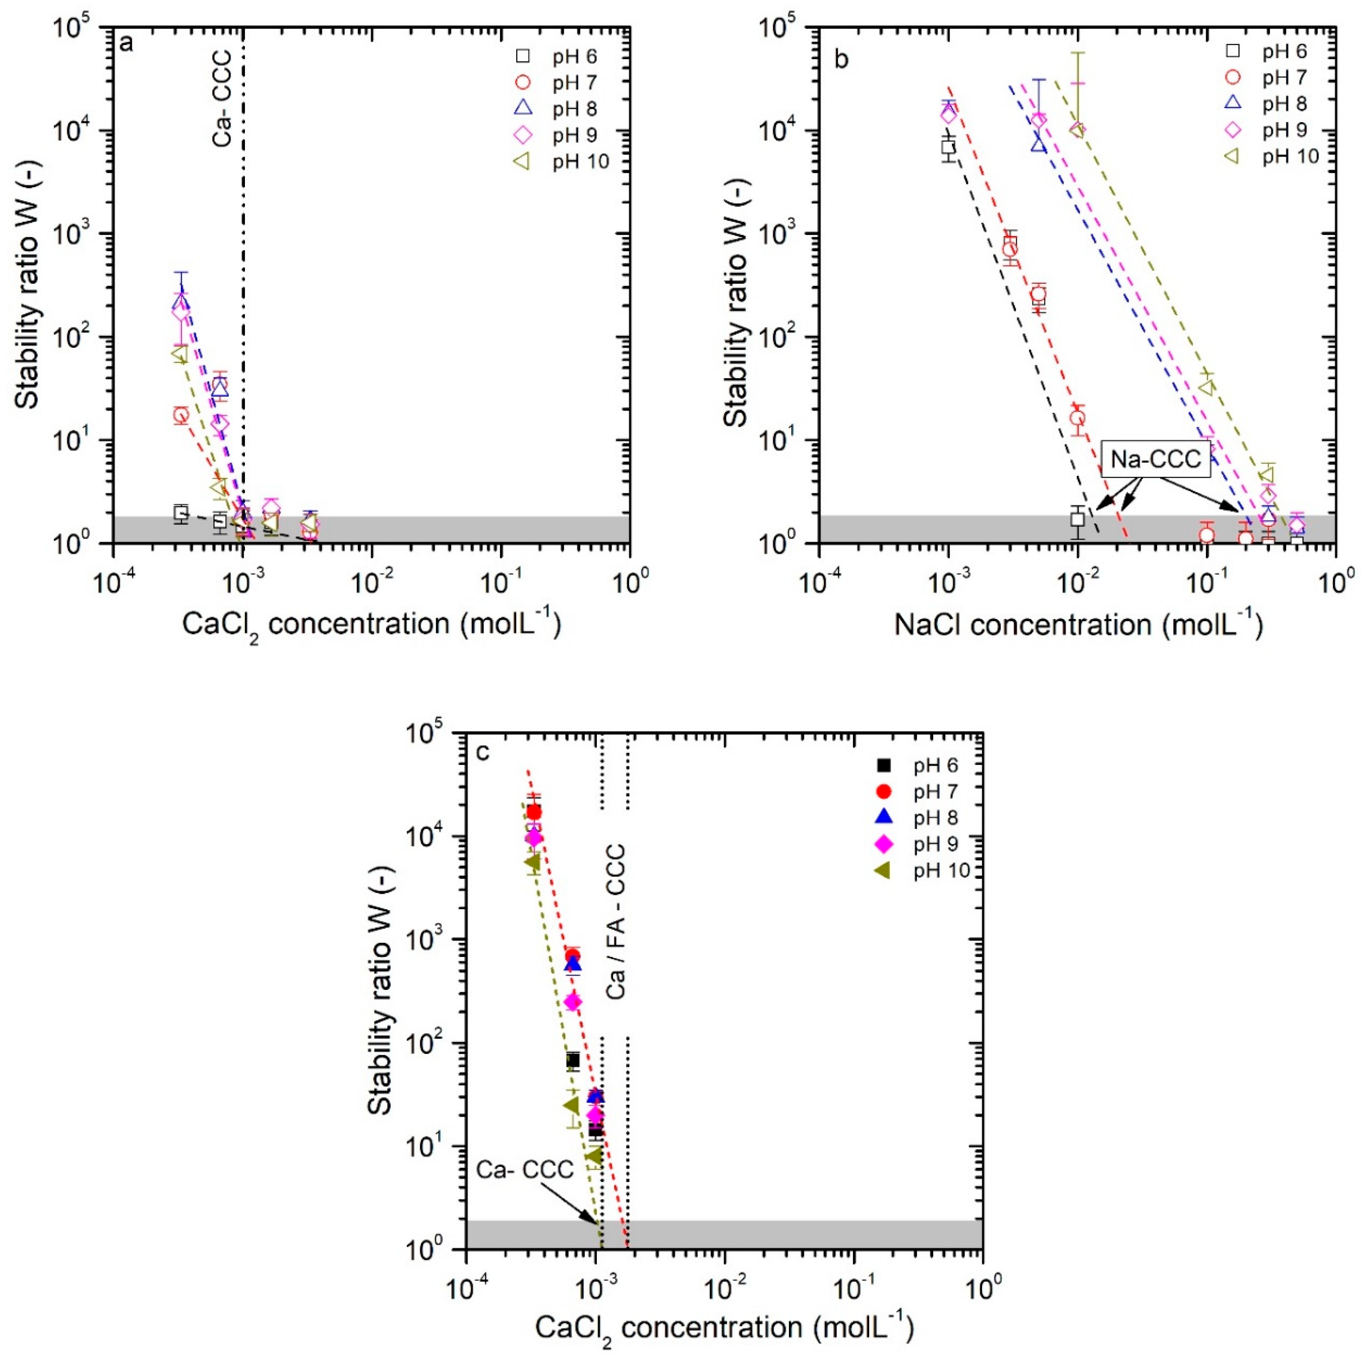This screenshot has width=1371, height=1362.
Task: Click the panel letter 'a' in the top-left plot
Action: click(x=126, y=44)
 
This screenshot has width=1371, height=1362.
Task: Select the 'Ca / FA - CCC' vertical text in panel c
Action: click(x=616, y=922)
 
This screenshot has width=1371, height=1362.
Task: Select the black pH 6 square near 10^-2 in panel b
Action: click(x=1077, y=519)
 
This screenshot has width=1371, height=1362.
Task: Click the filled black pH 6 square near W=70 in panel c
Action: click(x=573, y=1061)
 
